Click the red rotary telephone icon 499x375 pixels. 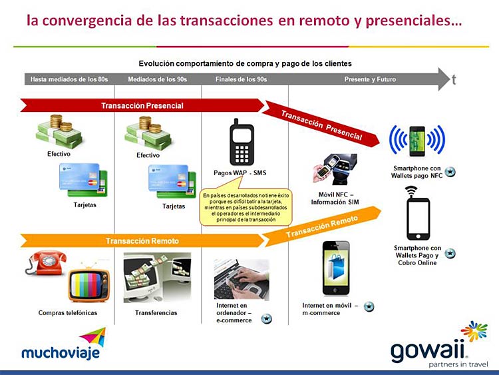(x=46, y=262)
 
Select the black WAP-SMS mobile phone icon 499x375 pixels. (x=242, y=142)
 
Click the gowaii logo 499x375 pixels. (x=439, y=345)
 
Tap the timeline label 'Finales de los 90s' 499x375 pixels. (x=241, y=79)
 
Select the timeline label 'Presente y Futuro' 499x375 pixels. (x=370, y=79)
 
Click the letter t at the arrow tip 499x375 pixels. (x=454, y=80)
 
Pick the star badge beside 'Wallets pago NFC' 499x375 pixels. (x=450, y=172)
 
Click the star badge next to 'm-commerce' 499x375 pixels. (x=369, y=306)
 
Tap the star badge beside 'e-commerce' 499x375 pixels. (x=266, y=318)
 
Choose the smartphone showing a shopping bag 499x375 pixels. (x=336, y=268)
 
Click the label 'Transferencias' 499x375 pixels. (x=156, y=313)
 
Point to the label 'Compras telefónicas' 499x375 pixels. (x=68, y=313)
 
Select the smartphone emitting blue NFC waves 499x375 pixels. (x=417, y=141)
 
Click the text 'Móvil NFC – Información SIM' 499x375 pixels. (x=335, y=198)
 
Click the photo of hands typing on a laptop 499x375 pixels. (x=242, y=280)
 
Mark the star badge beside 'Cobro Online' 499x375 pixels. (x=450, y=254)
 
